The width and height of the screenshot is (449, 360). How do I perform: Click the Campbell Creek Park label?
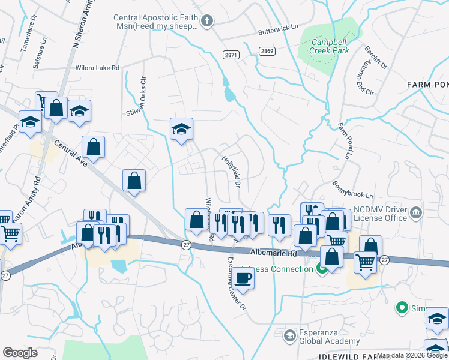click(330, 47)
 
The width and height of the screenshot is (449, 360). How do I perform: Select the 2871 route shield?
click(231, 55)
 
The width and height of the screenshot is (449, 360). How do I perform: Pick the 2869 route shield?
click(267, 51)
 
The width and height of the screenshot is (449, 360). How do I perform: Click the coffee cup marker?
click(244, 278)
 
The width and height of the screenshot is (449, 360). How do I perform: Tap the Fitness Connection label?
click(277, 269)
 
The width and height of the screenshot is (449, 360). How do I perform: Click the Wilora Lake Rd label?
click(97, 68)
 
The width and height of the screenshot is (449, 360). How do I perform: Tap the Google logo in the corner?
click(20, 353)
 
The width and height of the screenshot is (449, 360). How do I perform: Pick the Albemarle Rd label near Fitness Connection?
click(274, 253)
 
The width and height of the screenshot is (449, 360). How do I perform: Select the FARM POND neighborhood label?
click(427, 85)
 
